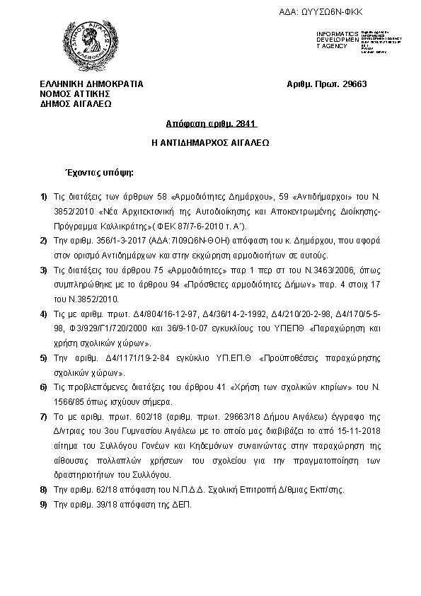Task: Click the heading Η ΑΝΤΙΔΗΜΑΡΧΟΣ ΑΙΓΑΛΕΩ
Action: point(210,142)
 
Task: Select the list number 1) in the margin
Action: point(43,195)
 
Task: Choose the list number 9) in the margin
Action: point(43,505)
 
